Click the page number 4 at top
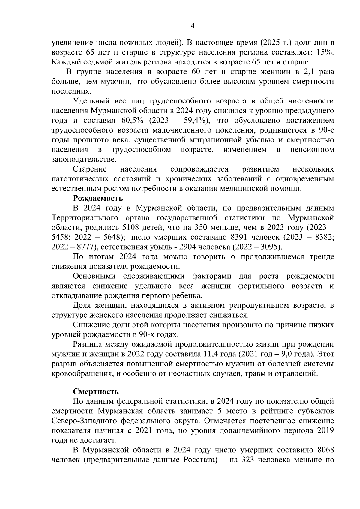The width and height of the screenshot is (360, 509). point(192,26)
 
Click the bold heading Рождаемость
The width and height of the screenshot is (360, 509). point(98,198)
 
